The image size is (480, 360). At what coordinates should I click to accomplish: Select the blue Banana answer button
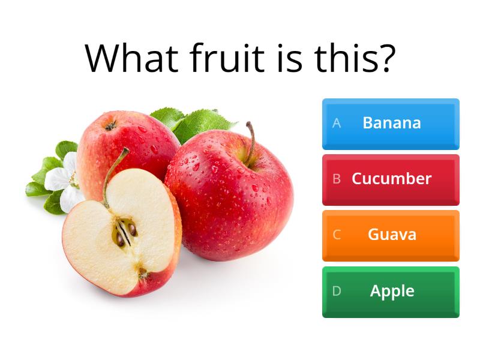[x=391, y=124]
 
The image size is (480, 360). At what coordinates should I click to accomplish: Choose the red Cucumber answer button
[x=391, y=179]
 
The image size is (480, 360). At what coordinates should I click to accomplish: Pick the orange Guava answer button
[x=391, y=235]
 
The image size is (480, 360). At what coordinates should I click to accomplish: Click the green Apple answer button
[x=391, y=292]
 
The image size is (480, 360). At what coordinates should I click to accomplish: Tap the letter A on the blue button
[x=337, y=123]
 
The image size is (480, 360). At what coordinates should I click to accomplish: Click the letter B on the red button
[x=337, y=179]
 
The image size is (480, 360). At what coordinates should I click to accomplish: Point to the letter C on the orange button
[x=337, y=235]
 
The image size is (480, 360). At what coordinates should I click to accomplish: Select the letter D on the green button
[x=337, y=291]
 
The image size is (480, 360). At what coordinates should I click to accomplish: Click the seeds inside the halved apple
[x=125, y=233]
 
